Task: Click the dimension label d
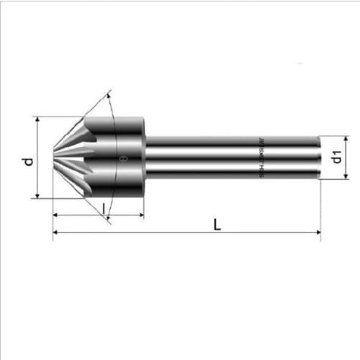(x=27, y=161)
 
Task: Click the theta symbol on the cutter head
(x=123, y=158)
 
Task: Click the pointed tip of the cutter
(x=53, y=157)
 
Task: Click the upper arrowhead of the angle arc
(x=109, y=94)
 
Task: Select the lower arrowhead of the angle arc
(x=109, y=220)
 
